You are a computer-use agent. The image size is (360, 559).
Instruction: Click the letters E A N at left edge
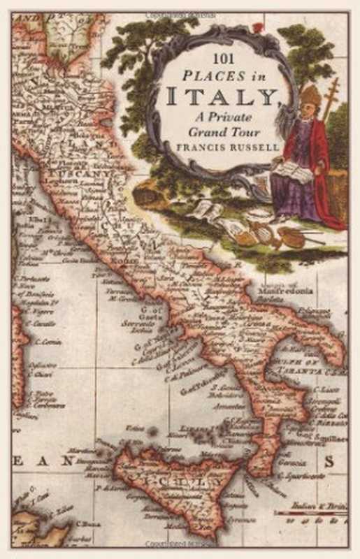42,461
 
